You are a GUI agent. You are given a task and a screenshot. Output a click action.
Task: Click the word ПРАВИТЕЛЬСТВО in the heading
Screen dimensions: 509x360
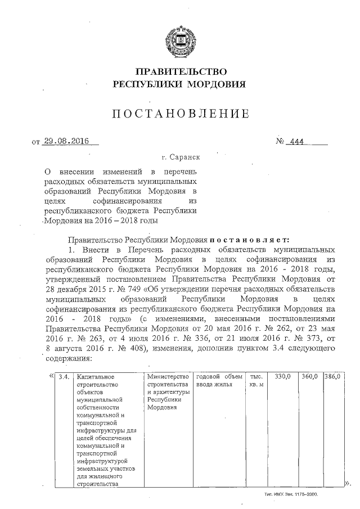tap(181, 72)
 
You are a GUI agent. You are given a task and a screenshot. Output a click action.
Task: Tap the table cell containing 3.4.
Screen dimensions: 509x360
tap(64, 376)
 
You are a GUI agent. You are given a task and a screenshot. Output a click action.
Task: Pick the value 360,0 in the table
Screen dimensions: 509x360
tap(310, 376)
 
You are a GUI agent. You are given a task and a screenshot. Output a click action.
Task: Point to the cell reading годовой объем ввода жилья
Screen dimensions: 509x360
tap(218, 380)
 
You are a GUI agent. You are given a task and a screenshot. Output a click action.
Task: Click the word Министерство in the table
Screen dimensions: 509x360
tap(166, 376)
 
